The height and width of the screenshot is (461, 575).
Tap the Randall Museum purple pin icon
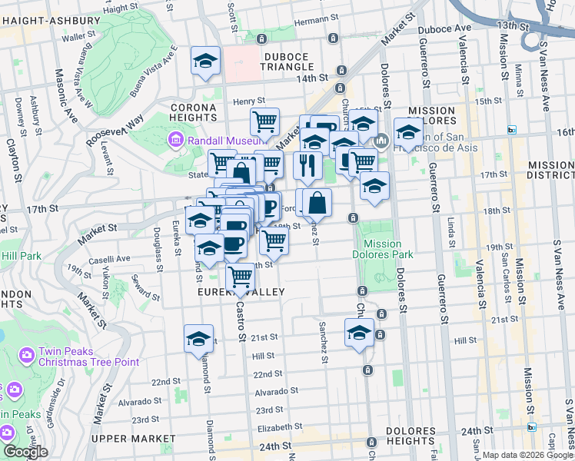[x=176, y=141]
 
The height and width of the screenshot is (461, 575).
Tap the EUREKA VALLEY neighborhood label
[x=241, y=292]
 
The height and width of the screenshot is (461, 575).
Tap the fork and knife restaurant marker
[x=307, y=165]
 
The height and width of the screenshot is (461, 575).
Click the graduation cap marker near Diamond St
[x=198, y=338]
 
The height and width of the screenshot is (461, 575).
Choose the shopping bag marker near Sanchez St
[x=317, y=204]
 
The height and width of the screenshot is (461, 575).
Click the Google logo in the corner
[x=25, y=453]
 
